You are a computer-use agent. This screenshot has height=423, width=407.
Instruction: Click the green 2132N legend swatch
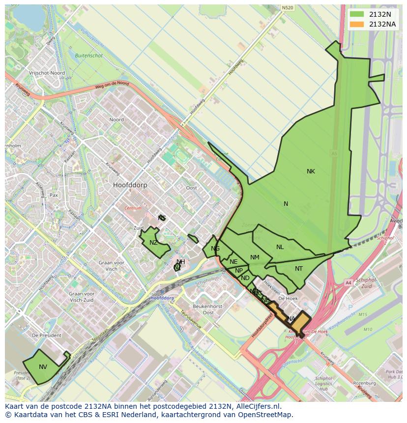point(357,14)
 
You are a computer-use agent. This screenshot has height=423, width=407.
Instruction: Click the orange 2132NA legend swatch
point(357,24)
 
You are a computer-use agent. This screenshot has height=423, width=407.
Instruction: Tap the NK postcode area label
point(311,171)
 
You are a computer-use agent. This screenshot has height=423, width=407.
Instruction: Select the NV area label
point(43,367)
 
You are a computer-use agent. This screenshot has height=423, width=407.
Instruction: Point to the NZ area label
point(154,243)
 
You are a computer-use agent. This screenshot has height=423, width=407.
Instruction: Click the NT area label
point(299,269)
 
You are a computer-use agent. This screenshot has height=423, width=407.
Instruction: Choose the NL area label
point(280,247)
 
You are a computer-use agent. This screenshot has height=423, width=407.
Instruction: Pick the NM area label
point(255,257)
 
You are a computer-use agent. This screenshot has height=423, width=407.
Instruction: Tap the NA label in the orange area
point(291,319)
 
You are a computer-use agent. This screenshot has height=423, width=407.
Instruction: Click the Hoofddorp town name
point(130,185)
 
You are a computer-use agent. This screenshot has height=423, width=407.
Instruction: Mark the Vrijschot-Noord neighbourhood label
point(47,73)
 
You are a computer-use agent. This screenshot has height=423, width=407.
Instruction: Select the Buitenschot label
point(89,56)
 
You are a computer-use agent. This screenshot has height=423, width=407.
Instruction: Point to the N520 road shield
point(288,8)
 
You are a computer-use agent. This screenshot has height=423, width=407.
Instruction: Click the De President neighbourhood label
point(46,335)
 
